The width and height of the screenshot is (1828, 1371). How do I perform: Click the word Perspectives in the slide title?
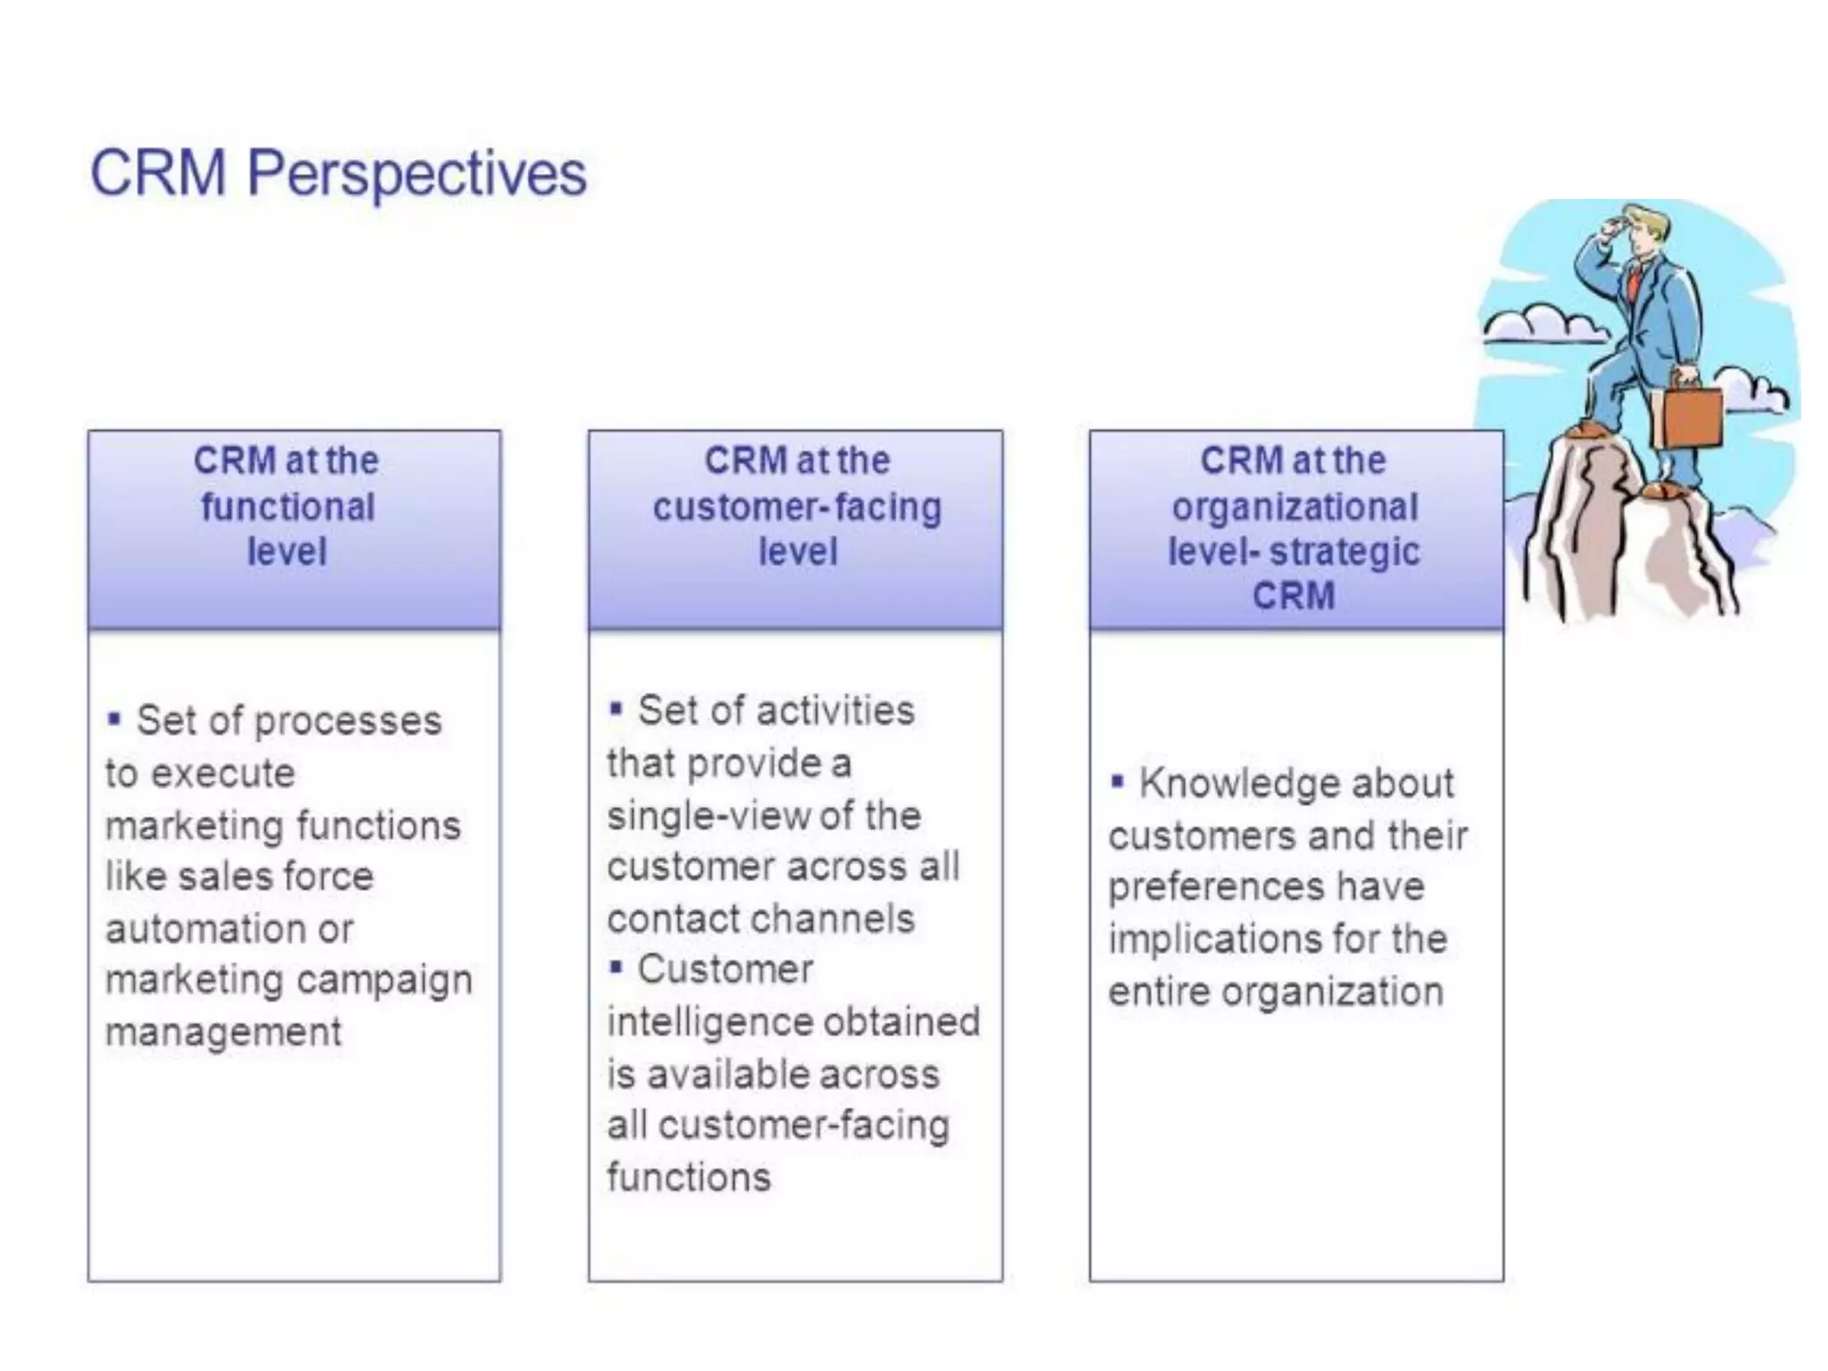coord(416,173)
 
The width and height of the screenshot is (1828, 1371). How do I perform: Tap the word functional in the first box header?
coord(287,507)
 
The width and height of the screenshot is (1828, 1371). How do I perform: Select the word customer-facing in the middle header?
coord(796,507)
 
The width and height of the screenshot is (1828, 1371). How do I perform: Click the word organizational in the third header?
coord(1294,507)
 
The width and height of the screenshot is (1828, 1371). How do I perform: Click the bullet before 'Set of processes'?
coord(114,718)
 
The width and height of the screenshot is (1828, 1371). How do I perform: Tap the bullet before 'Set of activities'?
coord(615,710)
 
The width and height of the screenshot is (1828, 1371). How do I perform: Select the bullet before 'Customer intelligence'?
coord(615,967)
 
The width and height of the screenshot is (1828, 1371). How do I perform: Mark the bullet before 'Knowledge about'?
coord(1117,781)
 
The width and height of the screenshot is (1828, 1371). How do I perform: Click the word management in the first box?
coord(223,1033)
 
